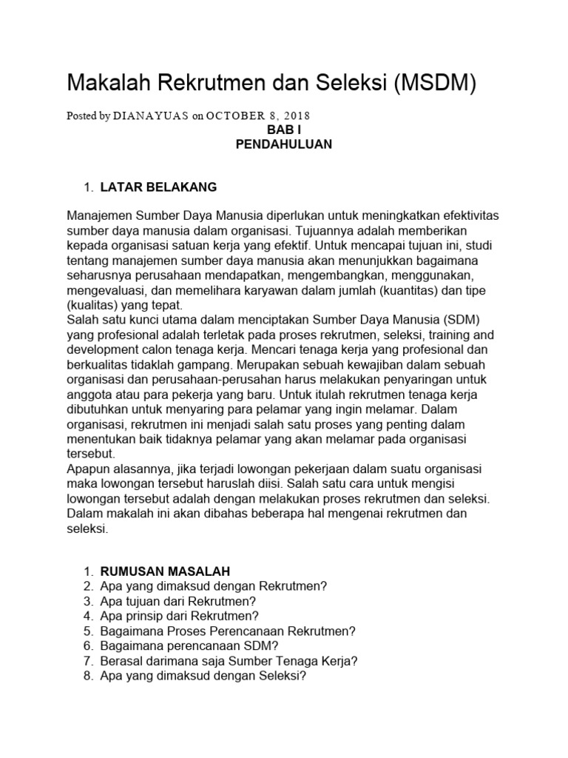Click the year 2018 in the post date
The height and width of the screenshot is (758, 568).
[295, 115]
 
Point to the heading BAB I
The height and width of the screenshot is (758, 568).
[283, 130]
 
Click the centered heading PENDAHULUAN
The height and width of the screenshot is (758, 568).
[283, 144]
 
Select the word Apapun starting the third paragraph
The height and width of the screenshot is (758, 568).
[88, 469]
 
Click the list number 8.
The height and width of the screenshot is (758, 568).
[87, 676]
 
